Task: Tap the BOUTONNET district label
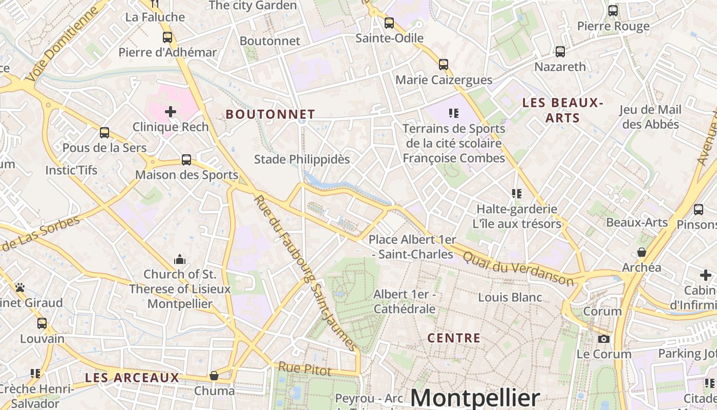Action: click(x=270, y=114)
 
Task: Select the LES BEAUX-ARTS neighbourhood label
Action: click(x=562, y=110)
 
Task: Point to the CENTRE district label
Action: click(x=454, y=338)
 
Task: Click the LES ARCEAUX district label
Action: click(x=132, y=378)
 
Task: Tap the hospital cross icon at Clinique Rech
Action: click(x=171, y=111)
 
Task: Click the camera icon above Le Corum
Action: click(x=604, y=339)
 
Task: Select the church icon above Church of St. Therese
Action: click(x=179, y=259)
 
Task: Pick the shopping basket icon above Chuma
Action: click(x=214, y=376)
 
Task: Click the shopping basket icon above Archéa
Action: click(x=641, y=252)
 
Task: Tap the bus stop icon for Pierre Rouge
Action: click(x=613, y=11)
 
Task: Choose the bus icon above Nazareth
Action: click(x=560, y=52)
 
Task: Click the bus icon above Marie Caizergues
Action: click(x=444, y=65)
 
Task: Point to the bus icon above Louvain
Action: click(x=42, y=323)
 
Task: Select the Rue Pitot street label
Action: click(x=305, y=368)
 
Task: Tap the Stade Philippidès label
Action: click(x=302, y=159)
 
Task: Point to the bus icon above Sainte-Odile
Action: click(x=389, y=23)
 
